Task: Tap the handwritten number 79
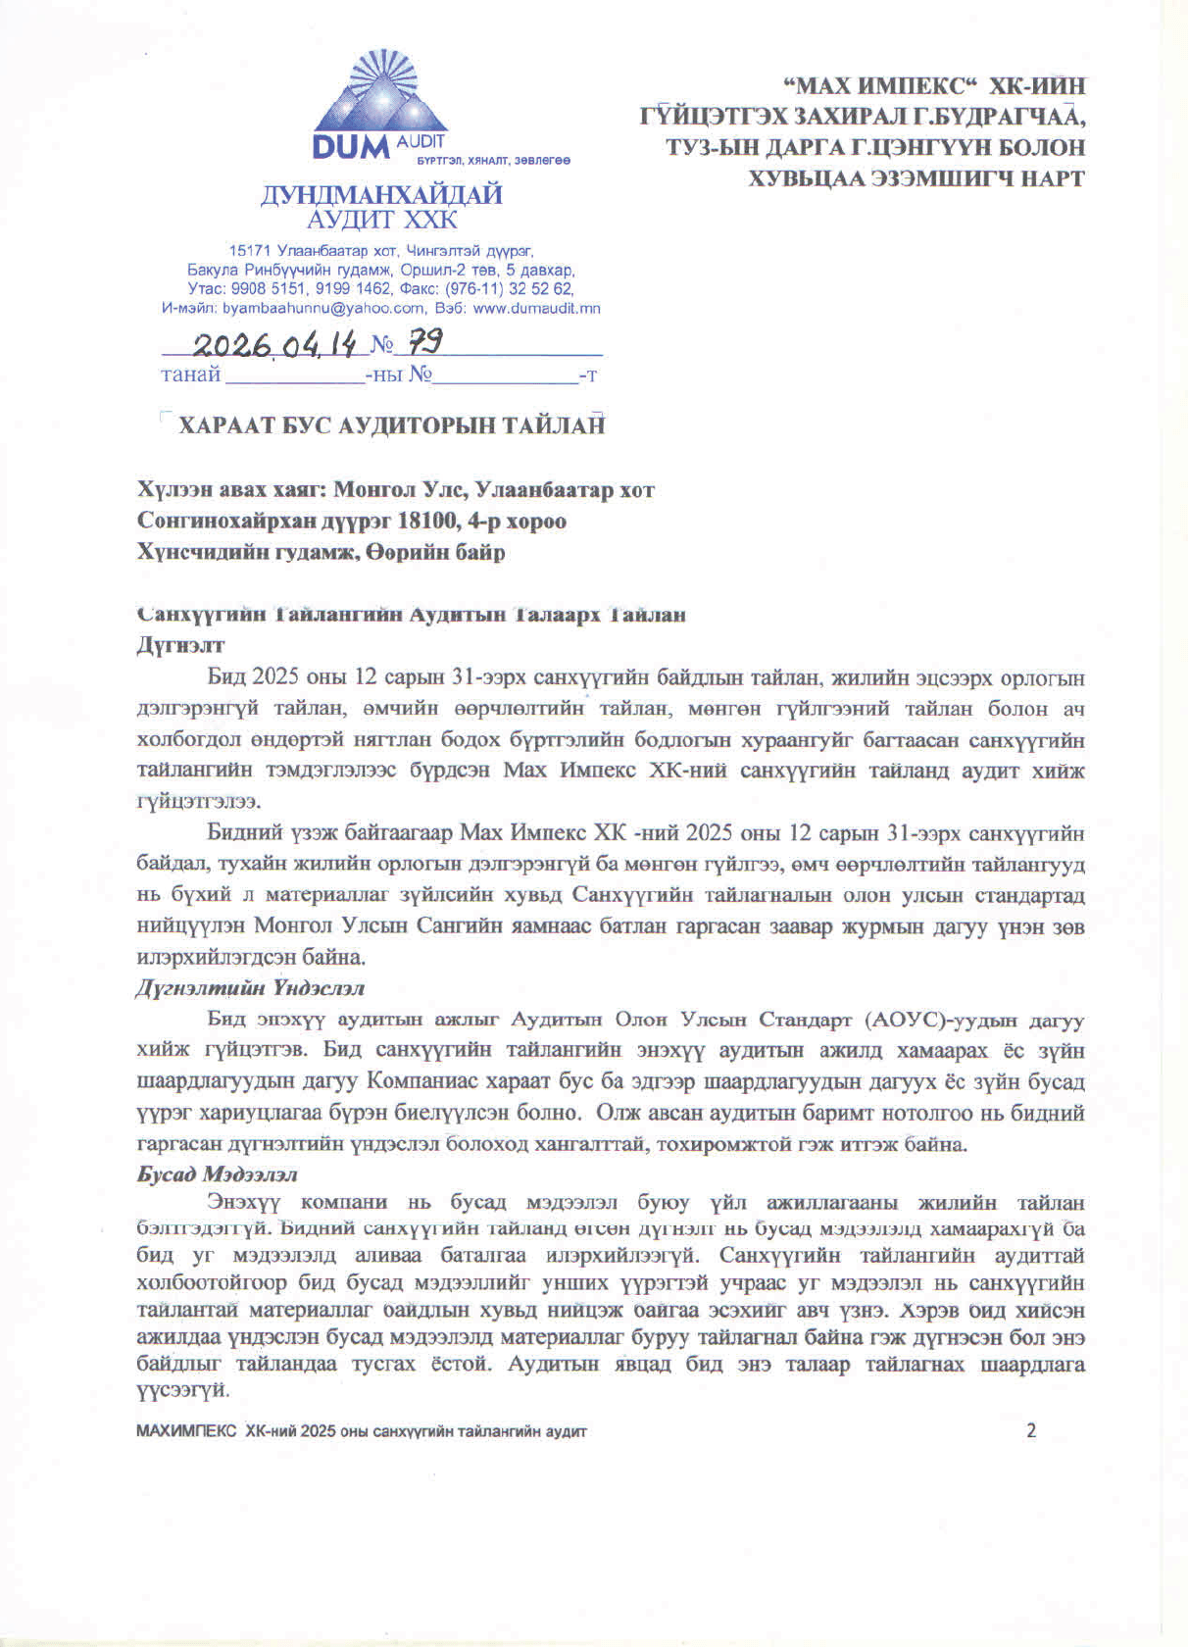point(424,343)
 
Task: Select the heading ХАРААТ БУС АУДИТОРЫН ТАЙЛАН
point(391,425)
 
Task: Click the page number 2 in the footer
point(1030,1430)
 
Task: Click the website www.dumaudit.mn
point(537,308)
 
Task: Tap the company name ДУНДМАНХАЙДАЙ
point(381,194)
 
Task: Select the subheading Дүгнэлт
point(180,645)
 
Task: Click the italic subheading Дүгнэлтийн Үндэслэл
point(250,988)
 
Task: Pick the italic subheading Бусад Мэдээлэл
point(217,1173)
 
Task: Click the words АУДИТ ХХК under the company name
point(381,220)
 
